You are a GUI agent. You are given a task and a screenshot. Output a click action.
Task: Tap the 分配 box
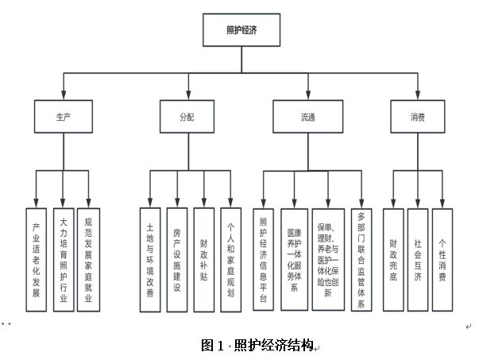tap(187, 116)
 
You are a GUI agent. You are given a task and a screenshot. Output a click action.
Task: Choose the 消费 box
tap(417, 116)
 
